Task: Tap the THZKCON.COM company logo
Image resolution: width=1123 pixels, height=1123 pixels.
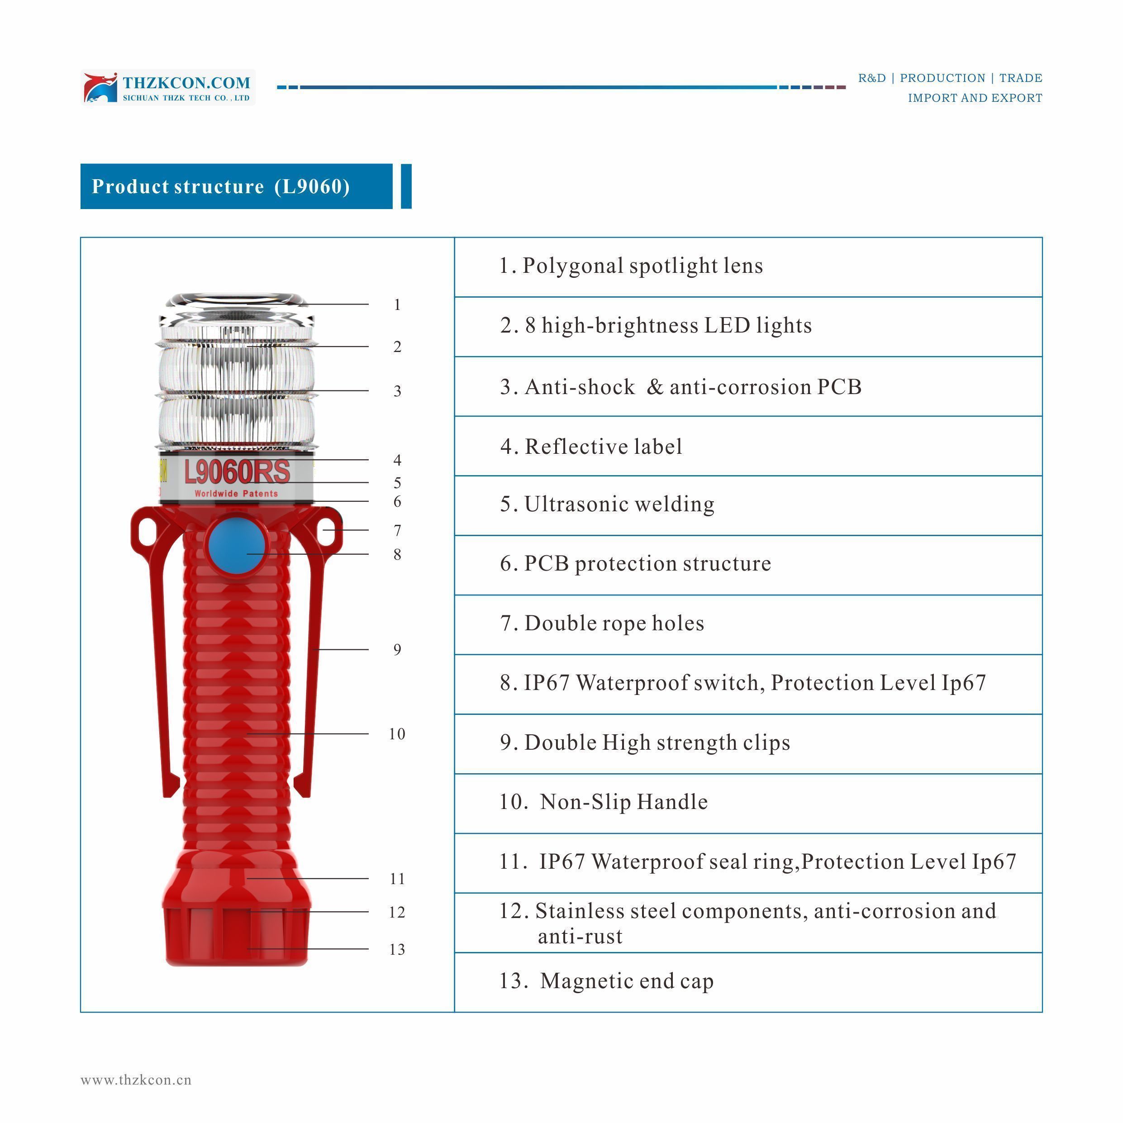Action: (x=168, y=88)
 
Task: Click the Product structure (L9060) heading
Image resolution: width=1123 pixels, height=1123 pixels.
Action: (x=221, y=186)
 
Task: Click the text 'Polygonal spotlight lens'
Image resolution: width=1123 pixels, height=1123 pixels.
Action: (x=643, y=266)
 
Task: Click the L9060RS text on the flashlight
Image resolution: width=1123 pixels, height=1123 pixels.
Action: (x=237, y=472)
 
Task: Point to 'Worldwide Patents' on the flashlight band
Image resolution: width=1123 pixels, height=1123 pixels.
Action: (x=236, y=494)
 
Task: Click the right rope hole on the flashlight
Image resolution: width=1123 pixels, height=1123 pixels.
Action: (x=327, y=530)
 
